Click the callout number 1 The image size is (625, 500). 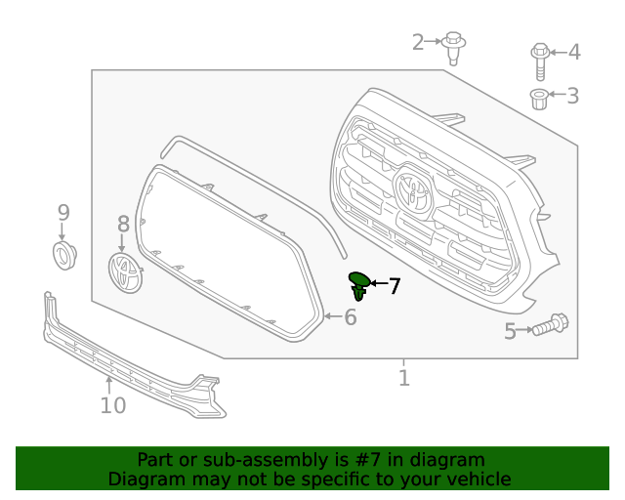[404, 377]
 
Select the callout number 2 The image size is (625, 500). [419, 42]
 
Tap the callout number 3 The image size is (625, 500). [572, 96]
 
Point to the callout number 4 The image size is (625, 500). [573, 52]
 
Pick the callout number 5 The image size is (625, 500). [510, 332]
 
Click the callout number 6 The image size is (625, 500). [350, 316]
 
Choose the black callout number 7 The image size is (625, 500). [394, 286]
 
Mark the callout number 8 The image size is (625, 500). [123, 225]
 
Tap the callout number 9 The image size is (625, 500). [63, 213]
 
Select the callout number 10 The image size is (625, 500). [113, 404]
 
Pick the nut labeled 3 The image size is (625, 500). [538, 97]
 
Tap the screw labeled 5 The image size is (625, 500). [551, 324]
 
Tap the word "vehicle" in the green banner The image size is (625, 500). [477, 479]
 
